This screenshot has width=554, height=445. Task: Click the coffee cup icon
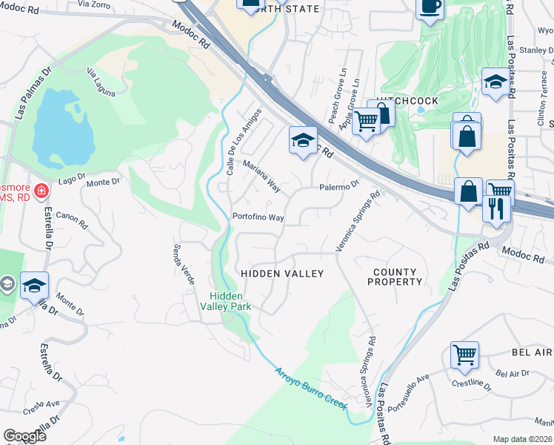click(430, 7)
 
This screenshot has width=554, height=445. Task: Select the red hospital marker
click(41, 191)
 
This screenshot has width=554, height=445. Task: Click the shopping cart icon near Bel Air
click(464, 355)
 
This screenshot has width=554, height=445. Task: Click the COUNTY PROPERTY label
click(396, 277)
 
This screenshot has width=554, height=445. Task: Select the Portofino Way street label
click(258, 217)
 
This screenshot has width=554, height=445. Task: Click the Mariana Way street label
click(261, 175)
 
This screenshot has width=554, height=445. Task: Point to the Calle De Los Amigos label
click(244, 142)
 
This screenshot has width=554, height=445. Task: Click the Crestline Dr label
click(471, 384)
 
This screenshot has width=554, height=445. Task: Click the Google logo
click(24, 436)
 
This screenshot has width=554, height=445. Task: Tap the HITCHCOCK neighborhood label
click(407, 101)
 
